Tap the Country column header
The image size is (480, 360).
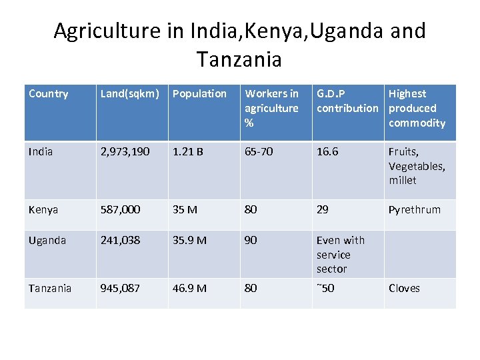point(49,94)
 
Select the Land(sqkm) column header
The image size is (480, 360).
point(130,94)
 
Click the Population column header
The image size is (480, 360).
point(199,94)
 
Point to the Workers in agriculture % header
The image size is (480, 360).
point(271,108)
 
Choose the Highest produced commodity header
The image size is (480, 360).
point(417,108)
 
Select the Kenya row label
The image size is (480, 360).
point(43,210)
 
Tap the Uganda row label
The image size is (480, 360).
point(47,240)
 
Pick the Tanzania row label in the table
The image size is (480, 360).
point(50,288)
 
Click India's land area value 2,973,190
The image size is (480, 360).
point(129,152)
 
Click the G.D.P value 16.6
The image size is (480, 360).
point(327,152)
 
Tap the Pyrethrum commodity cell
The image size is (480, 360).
point(414,210)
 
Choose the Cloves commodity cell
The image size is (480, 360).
point(404,288)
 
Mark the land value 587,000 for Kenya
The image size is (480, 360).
point(120,210)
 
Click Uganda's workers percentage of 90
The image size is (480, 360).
point(251,240)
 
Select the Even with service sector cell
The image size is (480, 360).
point(340,255)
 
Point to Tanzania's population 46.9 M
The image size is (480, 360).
point(189,288)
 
